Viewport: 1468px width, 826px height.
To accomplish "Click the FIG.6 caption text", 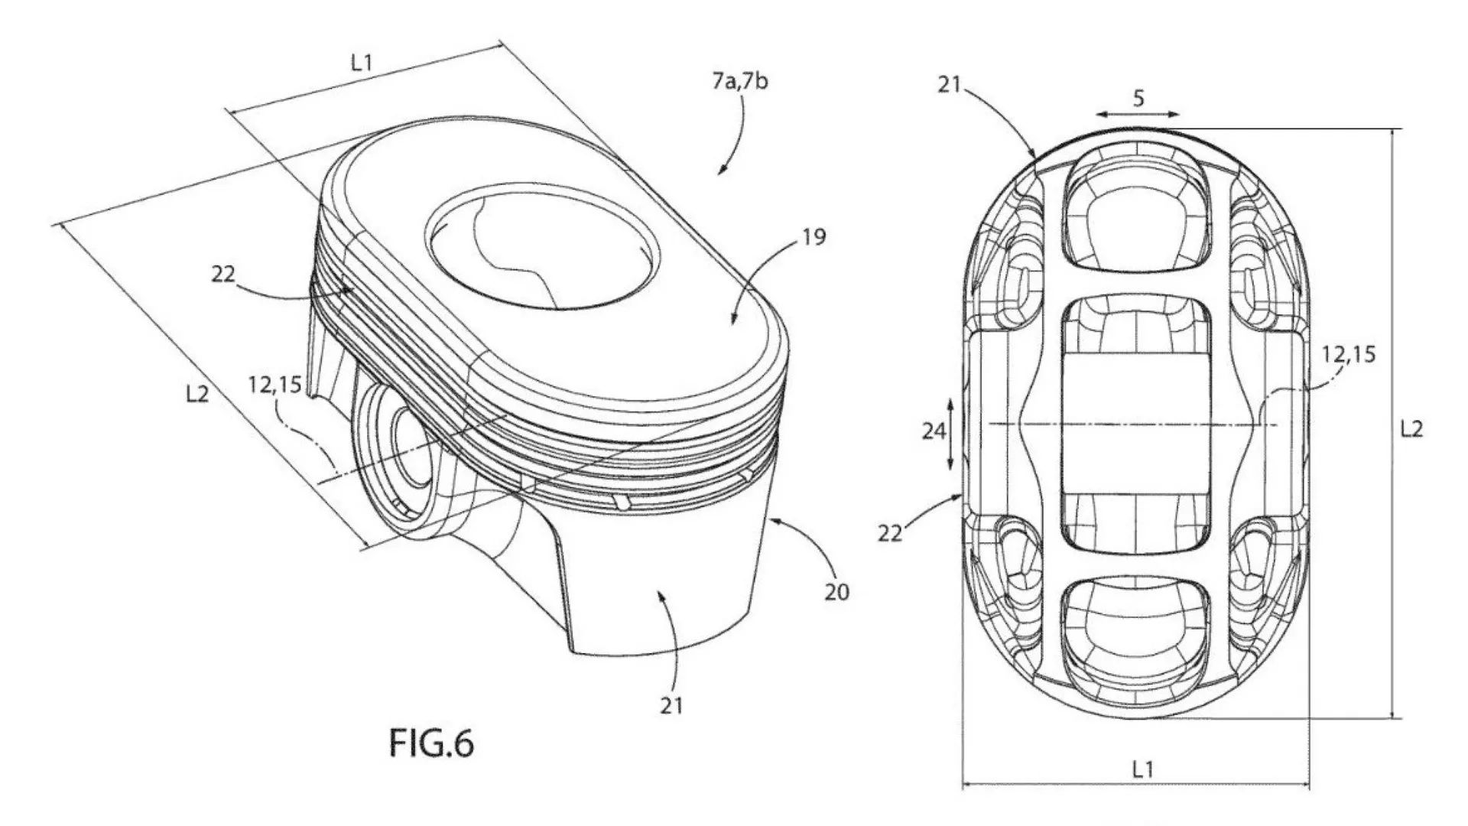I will click(431, 743).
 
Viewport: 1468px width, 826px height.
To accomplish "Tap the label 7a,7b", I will click(739, 80).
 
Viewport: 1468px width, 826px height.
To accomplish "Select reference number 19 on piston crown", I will click(815, 238).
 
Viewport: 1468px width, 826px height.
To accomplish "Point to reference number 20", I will click(836, 591).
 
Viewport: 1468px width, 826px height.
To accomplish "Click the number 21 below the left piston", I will click(671, 705).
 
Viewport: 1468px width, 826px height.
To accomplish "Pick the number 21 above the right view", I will click(949, 85).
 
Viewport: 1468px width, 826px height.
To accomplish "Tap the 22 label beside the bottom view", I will click(890, 533).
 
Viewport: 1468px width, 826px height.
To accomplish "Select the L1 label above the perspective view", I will click(361, 63).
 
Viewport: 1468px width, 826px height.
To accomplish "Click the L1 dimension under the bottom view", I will click(1142, 769).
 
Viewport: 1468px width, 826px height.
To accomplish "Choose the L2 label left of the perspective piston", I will click(197, 395).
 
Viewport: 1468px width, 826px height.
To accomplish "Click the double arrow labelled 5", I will click(1138, 114).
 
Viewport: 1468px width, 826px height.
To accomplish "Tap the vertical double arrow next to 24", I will click(950, 434).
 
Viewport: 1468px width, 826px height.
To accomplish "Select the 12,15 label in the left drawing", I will click(274, 385).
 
